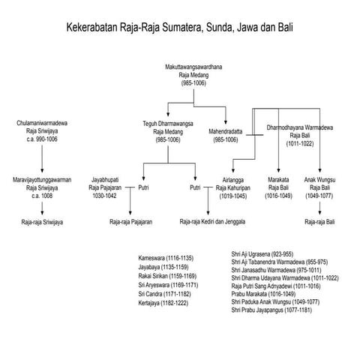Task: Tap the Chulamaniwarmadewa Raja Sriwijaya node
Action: pos(41,130)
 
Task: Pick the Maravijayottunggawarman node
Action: pos(41,187)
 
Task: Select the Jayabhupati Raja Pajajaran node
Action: pos(108,187)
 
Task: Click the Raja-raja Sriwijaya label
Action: pos(41,223)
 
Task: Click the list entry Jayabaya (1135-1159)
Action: pos(164,267)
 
